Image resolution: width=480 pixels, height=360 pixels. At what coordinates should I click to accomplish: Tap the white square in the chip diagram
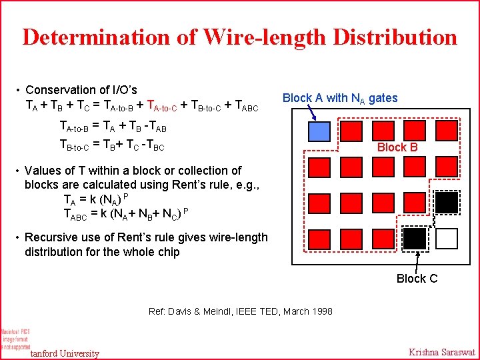447,238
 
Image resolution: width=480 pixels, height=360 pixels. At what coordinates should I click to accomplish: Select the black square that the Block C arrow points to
415,238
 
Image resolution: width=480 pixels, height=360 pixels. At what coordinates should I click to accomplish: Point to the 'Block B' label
397,147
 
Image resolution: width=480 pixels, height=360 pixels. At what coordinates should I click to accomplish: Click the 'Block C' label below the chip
417,279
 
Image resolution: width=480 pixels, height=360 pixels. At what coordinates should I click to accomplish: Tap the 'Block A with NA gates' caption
340,98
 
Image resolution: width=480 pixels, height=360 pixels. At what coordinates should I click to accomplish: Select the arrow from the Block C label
419,261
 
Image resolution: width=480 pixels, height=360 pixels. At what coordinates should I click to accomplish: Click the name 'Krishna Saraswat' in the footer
441,352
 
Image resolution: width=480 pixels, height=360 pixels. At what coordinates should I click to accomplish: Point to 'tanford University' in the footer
65,353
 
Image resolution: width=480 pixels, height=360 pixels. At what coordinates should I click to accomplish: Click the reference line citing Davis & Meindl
240,311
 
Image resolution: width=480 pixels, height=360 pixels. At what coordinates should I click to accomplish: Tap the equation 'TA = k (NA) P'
95,199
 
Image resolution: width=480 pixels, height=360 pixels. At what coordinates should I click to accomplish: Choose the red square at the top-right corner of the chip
447,131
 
